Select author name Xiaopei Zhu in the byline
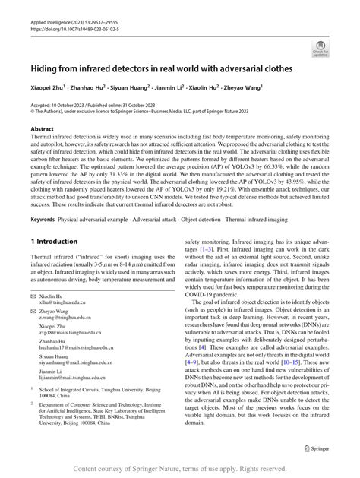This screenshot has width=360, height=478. click(x=49, y=88)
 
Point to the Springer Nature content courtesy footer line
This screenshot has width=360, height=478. click(x=180, y=467)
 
